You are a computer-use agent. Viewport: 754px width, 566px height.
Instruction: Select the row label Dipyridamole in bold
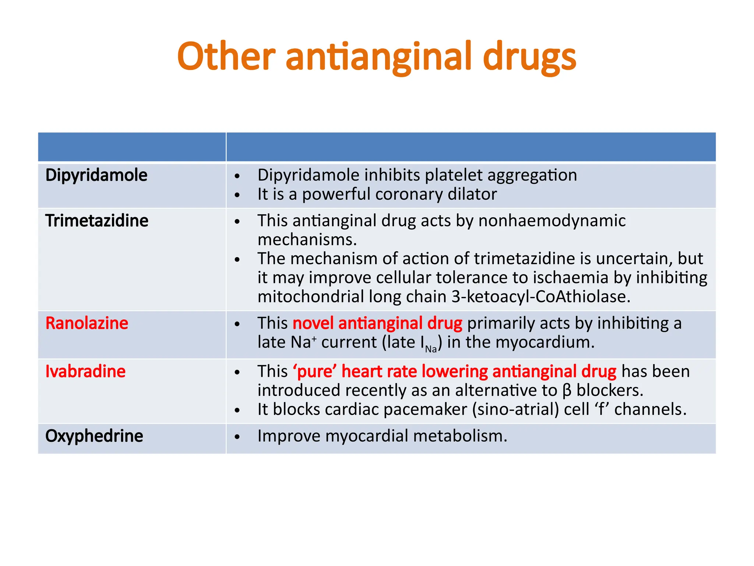point(96,175)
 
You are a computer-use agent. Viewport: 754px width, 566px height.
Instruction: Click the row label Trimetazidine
point(96,221)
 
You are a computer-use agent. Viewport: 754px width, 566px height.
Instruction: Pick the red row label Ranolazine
point(87,323)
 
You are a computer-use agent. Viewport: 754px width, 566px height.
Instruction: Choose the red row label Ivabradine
point(85,371)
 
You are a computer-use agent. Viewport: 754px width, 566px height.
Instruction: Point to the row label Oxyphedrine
point(94,436)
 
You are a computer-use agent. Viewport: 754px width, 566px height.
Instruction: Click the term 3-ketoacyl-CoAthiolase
point(541,297)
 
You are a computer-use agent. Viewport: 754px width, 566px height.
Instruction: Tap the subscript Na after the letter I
point(431,349)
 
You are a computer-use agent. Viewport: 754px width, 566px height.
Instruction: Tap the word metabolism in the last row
point(460,436)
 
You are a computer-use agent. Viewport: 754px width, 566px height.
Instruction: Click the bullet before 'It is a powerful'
point(237,195)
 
